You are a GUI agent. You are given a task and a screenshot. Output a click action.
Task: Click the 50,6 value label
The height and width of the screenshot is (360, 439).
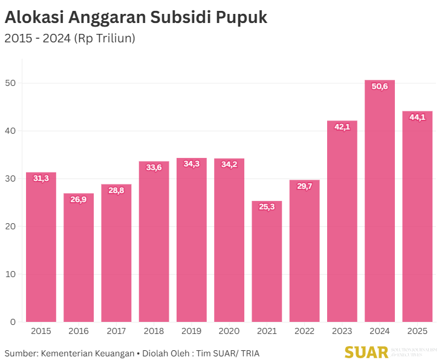click(380, 87)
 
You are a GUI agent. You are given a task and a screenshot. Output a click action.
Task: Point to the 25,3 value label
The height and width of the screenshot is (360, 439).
click(267, 207)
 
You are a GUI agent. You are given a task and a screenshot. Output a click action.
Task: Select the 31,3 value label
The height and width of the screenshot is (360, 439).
click(41, 178)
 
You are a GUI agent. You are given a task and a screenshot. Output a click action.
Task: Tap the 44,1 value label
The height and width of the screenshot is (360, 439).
click(417, 117)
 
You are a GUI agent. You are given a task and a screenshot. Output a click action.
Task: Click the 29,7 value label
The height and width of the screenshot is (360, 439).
click(305, 186)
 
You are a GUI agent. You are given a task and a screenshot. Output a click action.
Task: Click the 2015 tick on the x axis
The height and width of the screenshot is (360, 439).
click(41, 331)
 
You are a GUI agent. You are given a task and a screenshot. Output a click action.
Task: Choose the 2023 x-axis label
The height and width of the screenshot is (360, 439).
click(342, 331)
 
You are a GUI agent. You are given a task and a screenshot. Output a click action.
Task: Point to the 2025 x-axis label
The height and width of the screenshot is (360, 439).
click(417, 331)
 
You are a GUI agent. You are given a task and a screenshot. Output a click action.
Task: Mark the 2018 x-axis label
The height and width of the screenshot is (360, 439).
click(154, 331)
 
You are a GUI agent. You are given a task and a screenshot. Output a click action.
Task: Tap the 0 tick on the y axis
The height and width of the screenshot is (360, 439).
click(13, 322)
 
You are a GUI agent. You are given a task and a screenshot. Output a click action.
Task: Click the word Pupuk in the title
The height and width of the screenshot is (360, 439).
click(241, 18)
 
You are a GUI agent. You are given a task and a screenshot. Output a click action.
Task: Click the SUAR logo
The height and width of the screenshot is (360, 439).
click(366, 352)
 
